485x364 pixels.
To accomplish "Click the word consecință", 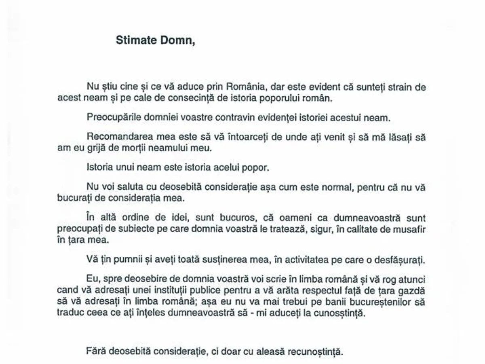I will (173, 98).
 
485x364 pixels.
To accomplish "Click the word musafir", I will (410, 229).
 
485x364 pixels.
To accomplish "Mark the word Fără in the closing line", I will (94, 351).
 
